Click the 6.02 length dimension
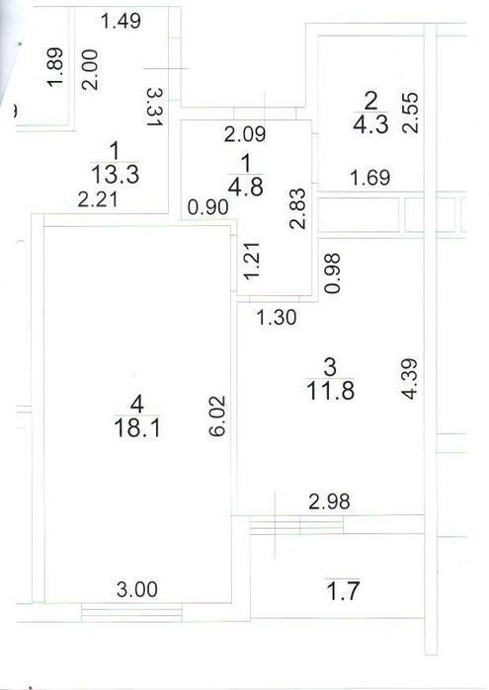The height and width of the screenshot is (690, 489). (x=217, y=417)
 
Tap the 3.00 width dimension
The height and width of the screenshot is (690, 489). (x=137, y=589)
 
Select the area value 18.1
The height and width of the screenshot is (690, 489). (x=137, y=427)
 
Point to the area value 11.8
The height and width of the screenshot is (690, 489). (x=330, y=390)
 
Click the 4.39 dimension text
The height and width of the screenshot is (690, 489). (x=410, y=379)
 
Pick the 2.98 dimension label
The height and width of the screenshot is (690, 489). (x=329, y=501)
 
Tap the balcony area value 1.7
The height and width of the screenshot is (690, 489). (x=343, y=591)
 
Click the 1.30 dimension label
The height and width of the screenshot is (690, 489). (x=277, y=317)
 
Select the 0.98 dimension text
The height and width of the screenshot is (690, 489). (x=332, y=273)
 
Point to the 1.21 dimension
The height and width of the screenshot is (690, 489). (x=253, y=261)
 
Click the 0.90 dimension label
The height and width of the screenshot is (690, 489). (x=207, y=207)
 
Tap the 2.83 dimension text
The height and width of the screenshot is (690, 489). (x=297, y=208)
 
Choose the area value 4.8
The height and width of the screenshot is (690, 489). (x=246, y=187)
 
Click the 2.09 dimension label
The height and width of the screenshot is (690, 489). (x=245, y=134)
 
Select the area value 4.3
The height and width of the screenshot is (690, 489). (x=370, y=124)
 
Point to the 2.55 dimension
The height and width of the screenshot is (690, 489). (x=411, y=113)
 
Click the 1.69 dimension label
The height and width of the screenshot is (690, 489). (x=370, y=178)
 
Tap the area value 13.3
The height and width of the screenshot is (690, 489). (x=116, y=174)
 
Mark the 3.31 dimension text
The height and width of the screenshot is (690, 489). (x=155, y=107)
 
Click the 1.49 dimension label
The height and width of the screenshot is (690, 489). (x=122, y=21)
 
